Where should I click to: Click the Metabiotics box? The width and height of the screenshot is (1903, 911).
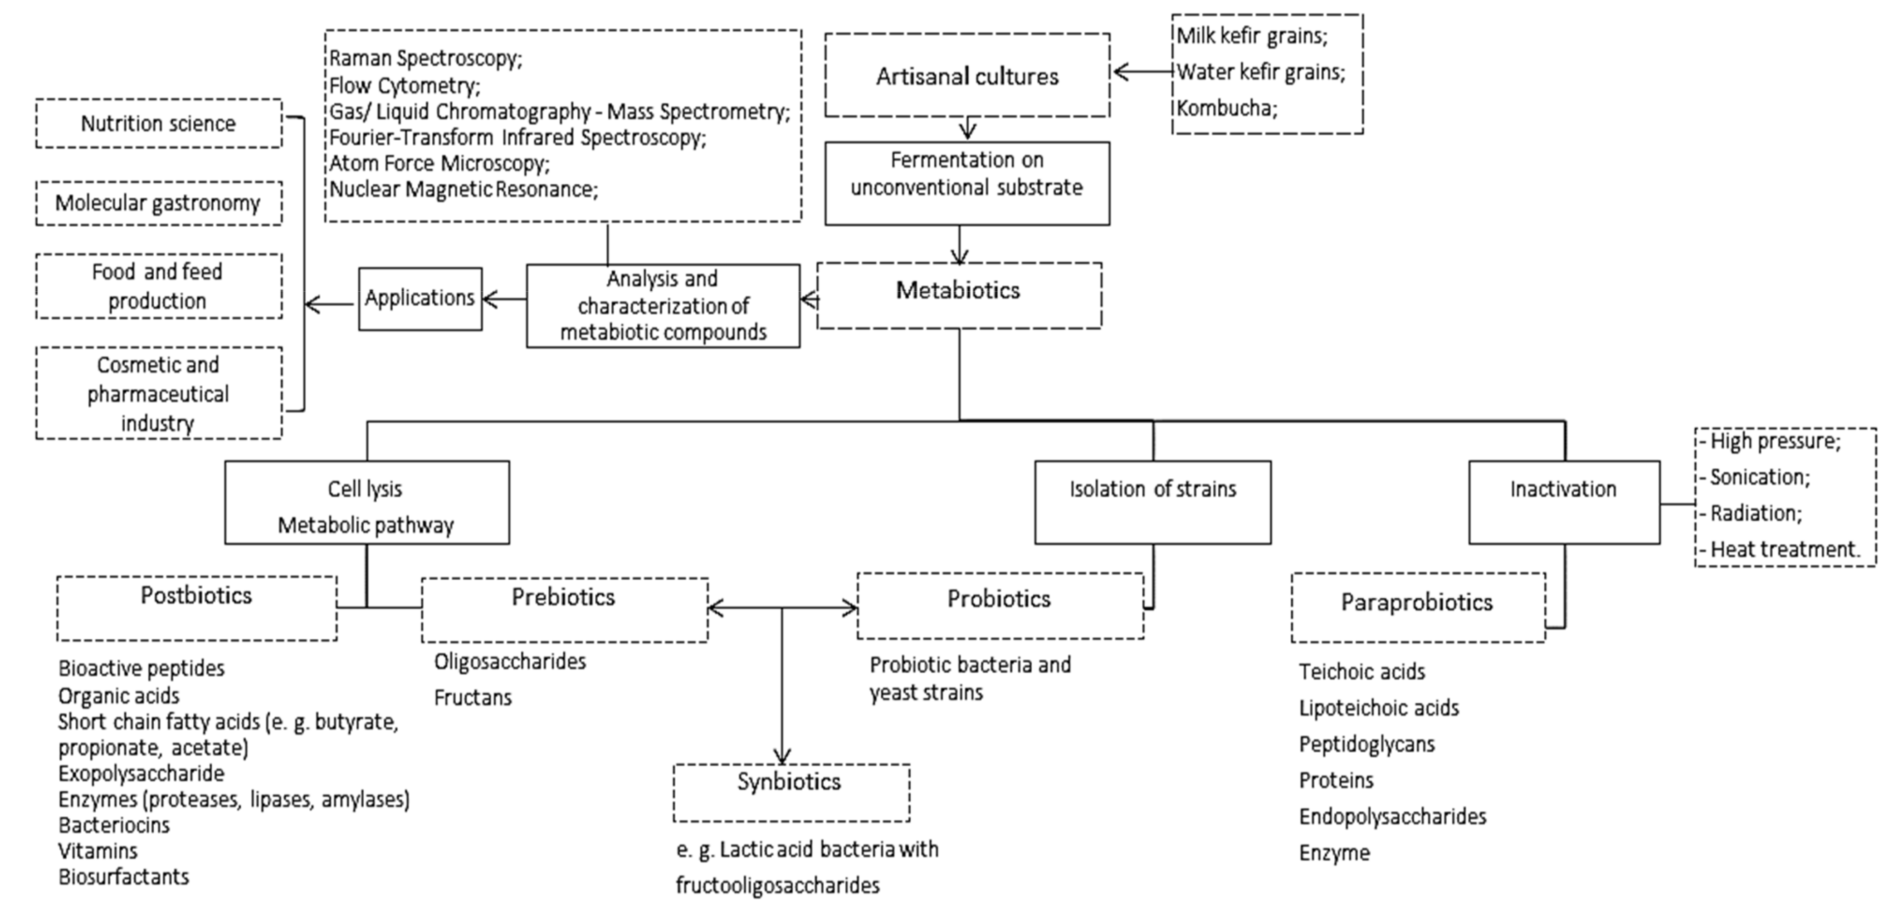(x=958, y=295)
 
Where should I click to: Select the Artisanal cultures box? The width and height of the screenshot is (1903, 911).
(x=966, y=75)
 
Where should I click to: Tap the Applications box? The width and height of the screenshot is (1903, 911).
(x=420, y=299)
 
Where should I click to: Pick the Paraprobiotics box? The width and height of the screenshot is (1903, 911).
(x=1417, y=607)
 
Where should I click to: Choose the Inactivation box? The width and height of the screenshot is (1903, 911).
(x=1563, y=502)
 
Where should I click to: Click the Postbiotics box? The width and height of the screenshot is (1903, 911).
(x=196, y=607)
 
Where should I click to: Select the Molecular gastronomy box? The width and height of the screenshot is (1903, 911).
(x=158, y=203)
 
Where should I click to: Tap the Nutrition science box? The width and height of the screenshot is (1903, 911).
(x=158, y=123)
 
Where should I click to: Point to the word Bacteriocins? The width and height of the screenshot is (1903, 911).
(x=114, y=824)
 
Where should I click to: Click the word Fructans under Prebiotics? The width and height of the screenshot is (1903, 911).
(x=473, y=697)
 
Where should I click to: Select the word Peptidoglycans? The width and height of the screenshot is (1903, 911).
(x=1366, y=744)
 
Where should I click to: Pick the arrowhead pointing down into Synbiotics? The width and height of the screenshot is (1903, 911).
(x=781, y=757)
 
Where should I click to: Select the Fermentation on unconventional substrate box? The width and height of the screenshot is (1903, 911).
(x=966, y=183)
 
